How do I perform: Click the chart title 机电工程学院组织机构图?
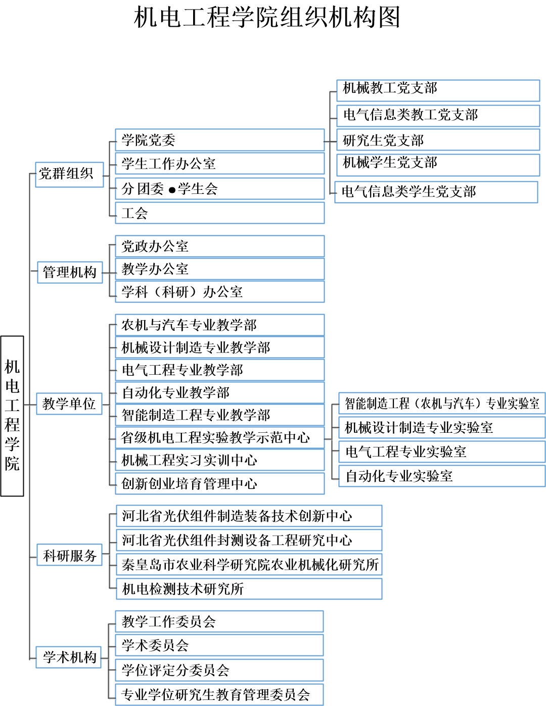coord(267,18)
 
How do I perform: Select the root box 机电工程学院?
coord(12,416)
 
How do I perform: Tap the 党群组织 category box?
coord(69,174)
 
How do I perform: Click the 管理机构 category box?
coord(70,272)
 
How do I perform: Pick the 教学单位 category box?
coord(69,404)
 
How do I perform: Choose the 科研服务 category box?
coord(70,556)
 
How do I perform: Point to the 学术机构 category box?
coord(69,657)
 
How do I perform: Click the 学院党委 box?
coord(219,140)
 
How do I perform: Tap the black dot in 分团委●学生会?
coord(172,190)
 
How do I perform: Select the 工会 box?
coord(219,213)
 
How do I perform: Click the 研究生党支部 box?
coord(438,140)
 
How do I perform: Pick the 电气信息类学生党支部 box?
coord(436,192)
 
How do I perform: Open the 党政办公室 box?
coord(219,246)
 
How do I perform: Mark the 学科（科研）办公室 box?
coord(219,292)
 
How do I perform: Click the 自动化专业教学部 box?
coord(219,392)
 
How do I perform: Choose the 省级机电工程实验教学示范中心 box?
coord(219,437)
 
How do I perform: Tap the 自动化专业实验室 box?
coord(441,476)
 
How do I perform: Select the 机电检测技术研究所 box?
coord(249,589)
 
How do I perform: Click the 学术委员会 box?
coord(219,645)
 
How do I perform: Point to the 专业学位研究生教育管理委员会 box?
coord(219,695)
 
